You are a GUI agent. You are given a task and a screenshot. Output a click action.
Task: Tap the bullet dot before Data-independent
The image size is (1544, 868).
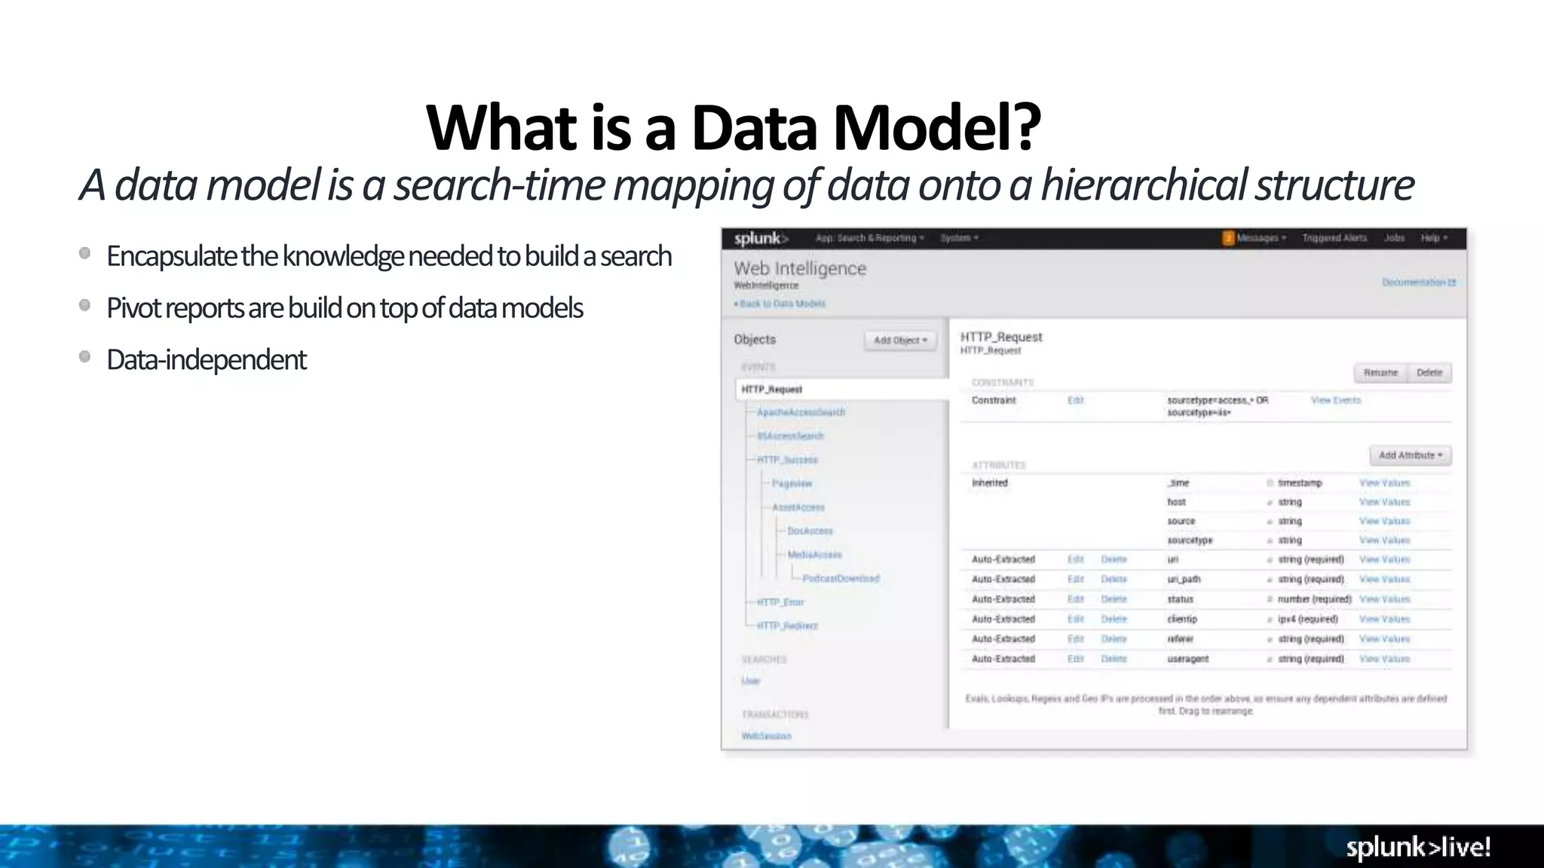(x=85, y=357)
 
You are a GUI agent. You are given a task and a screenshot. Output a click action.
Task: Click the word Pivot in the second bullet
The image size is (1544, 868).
(x=133, y=308)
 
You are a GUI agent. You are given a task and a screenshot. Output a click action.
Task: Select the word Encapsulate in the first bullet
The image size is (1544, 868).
(x=172, y=256)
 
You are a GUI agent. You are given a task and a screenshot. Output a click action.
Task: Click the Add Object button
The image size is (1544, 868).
(x=900, y=341)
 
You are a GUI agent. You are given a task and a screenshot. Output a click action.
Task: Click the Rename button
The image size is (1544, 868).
(x=1380, y=373)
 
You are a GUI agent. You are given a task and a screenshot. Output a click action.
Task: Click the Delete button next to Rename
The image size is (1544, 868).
(x=1429, y=373)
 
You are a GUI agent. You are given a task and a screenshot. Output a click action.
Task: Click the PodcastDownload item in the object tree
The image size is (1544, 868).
(x=841, y=579)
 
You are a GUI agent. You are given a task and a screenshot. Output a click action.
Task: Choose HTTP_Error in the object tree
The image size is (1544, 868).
(x=780, y=602)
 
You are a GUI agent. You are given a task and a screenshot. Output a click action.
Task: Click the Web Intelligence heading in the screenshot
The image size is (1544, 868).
(x=800, y=268)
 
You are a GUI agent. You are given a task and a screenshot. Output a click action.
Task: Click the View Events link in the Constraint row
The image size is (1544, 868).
(x=1335, y=400)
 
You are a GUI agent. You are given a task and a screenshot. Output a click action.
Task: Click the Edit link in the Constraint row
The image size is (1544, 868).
(x=1075, y=400)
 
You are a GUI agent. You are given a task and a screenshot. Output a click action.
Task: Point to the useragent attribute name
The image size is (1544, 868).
(x=1187, y=659)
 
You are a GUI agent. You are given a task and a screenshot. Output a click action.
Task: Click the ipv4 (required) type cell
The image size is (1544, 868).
(x=1307, y=619)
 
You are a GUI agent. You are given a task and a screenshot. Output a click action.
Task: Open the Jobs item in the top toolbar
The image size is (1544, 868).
(x=1394, y=238)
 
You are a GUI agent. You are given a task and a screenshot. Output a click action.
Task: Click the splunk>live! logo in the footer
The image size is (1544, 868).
(x=1418, y=847)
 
